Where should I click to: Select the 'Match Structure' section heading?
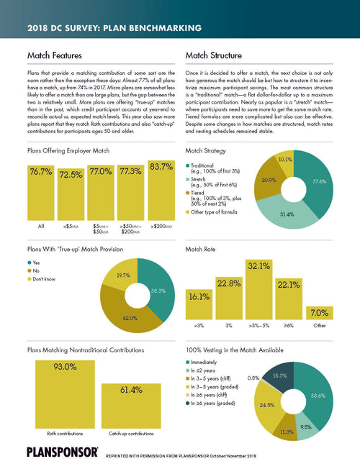tap(215, 55)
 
